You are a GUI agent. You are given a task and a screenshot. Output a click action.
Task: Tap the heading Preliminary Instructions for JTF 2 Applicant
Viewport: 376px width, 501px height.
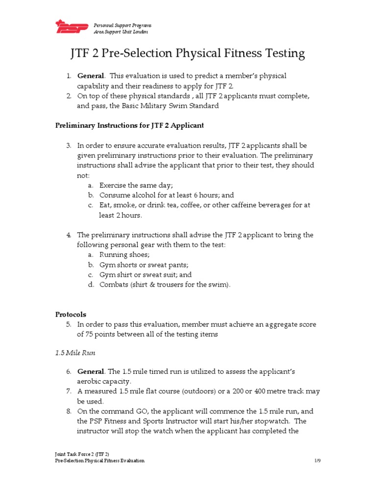pyautogui.click(x=129, y=126)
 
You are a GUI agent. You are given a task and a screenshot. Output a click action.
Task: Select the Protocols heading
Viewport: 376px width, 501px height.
pyautogui.click(x=70, y=314)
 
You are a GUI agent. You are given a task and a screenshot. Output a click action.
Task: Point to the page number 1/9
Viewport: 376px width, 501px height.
pyautogui.click(x=317, y=461)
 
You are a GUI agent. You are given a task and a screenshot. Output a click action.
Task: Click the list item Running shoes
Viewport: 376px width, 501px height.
pyautogui.click(x=124, y=255)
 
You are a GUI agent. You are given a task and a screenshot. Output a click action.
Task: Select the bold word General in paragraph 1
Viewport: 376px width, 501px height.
pyautogui.click(x=91, y=76)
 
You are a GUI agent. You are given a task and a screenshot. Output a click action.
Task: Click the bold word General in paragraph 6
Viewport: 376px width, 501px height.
pyautogui.click(x=91, y=371)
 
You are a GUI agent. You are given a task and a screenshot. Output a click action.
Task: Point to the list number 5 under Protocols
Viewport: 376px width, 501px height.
pyautogui.click(x=69, y=324)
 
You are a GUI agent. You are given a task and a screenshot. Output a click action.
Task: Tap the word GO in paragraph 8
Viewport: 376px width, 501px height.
pyautogui.click(x=139, y=411)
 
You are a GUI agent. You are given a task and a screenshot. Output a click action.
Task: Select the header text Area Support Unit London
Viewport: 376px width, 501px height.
pyautogui.click(x=120, y=32)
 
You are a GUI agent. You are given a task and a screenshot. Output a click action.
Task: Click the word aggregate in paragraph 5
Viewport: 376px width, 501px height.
pyautogui.click(x=265, y=324)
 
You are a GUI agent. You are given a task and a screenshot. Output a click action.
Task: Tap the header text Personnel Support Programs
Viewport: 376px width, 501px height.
pyautogui.click(x=122, y=25)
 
